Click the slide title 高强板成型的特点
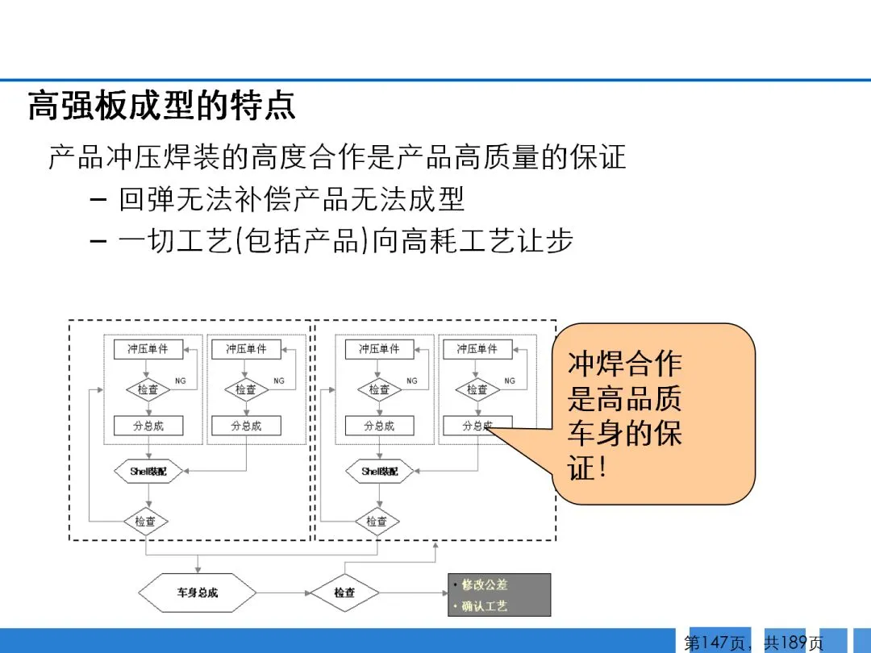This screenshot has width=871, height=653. click(x=161, y=106)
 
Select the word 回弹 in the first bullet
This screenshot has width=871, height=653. click(x=146, y=199)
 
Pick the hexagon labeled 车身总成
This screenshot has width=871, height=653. click(x=198, y=593)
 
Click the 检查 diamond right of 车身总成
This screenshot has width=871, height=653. click(x=345, y=593)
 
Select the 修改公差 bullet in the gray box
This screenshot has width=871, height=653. click(x=485, y=584)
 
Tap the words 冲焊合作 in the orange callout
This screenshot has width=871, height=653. click(x=625, y=364)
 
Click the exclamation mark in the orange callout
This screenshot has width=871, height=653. click(x=598, y=468)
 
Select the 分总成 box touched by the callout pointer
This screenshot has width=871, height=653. click(x=477, y=426)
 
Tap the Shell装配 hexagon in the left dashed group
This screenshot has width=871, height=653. click(x=148, y=471)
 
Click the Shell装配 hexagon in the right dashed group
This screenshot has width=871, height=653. click(x=380, y=471)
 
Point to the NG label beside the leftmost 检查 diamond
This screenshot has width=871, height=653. click(x=181, y=381)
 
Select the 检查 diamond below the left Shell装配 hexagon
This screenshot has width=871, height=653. click(x=146, y=521)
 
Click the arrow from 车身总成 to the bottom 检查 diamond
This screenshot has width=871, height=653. click(x=284, y=593)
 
